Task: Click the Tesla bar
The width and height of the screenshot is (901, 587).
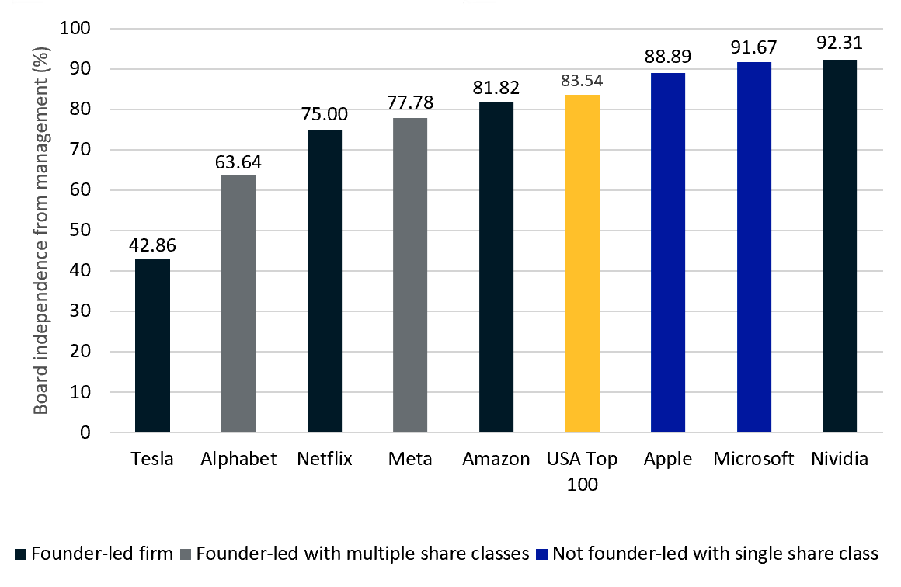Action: (x=152, y=346)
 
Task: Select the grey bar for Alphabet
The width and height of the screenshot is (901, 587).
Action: (x=238, y=304)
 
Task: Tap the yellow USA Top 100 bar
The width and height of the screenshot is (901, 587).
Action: (x=582, y=263)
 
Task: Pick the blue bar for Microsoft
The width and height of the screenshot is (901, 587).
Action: (x=754, y=247)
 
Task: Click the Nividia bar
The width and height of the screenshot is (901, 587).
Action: (x=840, y=245)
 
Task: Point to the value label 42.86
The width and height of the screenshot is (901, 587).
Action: (x=152, y=246)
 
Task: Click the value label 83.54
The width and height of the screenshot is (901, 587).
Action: (x=582, y=81)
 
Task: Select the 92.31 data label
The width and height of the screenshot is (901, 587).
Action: (x=840, y=43)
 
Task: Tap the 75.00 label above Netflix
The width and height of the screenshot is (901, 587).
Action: (x=324, y=115)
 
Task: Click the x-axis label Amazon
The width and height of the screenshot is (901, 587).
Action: (x=496, y=459)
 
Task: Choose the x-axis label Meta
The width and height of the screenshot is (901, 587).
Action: (x=410, y=459)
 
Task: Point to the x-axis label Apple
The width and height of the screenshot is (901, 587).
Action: (x=668, y=459)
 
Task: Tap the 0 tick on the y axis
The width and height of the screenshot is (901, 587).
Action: (x=85, y=432)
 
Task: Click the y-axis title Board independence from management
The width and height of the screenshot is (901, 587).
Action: (x=43, y=231)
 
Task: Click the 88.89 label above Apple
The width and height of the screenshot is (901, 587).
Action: (x=668, y=57)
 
